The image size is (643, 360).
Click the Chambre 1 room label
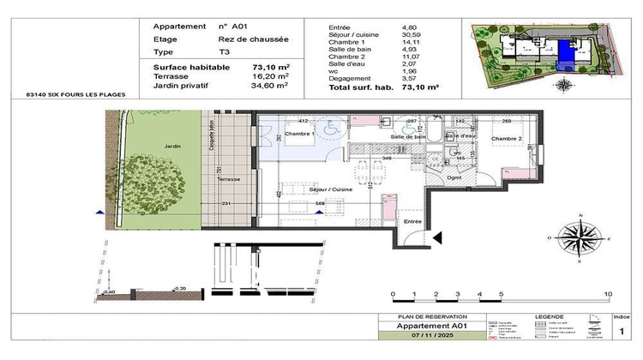[x=301, y=135]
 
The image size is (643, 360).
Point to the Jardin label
[x=175, y=146]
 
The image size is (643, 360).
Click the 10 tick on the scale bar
[x=608, y=294]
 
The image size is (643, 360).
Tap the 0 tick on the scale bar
[x=393, y=294]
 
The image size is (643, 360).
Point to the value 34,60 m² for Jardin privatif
[x=271, y=86]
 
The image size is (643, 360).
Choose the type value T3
[x=225, y=51]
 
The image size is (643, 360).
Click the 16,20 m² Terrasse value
[x=271, y=76]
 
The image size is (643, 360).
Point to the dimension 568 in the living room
[x=319, y=203]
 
